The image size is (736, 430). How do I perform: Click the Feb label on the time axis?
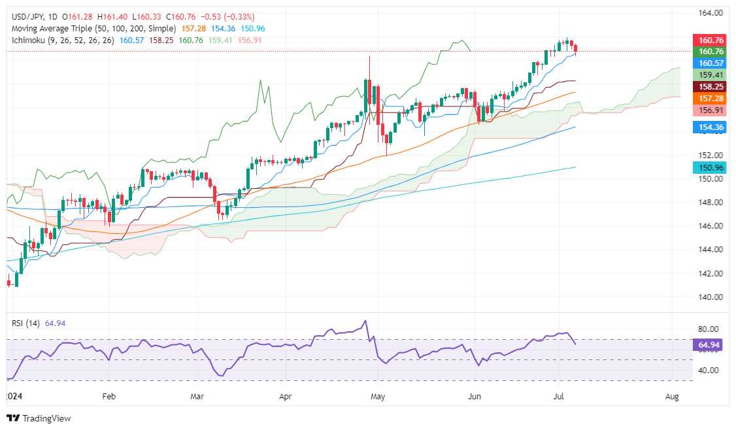point(109,396)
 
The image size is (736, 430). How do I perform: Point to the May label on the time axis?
point(378,396)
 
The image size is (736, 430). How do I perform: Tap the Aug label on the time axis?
point(671,396)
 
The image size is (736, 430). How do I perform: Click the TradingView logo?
point(39,418)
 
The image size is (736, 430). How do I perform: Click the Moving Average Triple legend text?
point(92,29)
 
